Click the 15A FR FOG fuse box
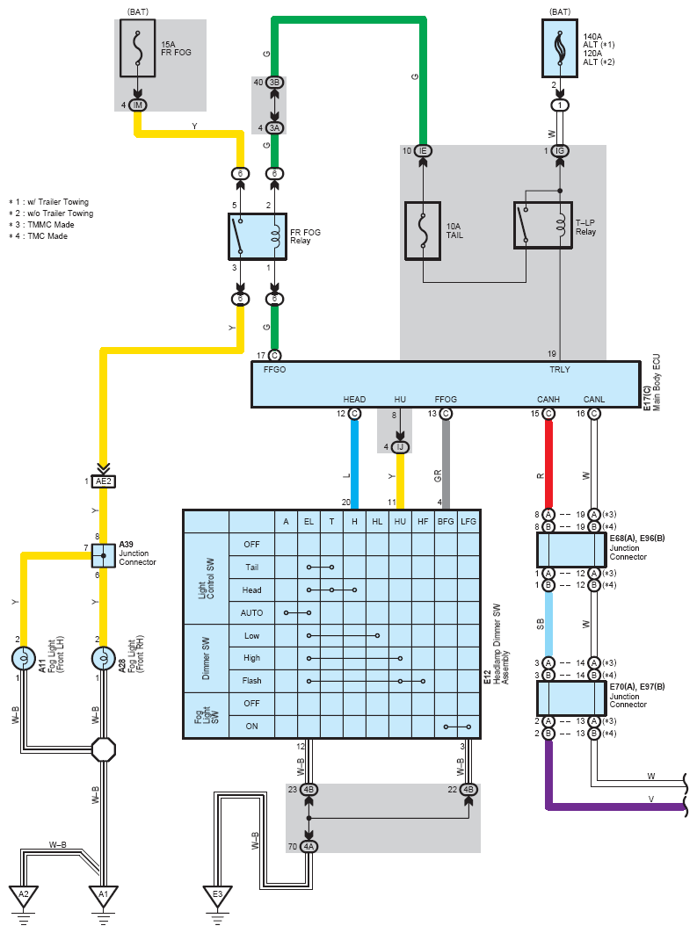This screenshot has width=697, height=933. point(137,48)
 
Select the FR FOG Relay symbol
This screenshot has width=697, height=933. point(258,237)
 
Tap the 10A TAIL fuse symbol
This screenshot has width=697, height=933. point(423,231)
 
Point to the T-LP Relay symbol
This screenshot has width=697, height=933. point(543,225)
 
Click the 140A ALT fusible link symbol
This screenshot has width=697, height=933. point(560,48)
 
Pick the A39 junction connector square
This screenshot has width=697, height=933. point(104,556)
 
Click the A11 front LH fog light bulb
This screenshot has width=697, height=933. point(24,659)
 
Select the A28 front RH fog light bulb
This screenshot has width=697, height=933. point(104,659)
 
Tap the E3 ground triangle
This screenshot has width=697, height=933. point(217,896)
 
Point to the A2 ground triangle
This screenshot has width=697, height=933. point(24,896)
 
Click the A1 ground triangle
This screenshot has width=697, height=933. point(104,896)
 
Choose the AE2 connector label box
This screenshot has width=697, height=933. point(104,481)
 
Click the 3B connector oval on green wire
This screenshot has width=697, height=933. point(274,82)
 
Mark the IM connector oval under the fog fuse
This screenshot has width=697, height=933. point(137,105)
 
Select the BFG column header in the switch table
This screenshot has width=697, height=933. point(446,521)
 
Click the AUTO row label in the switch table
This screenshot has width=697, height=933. point(251,613)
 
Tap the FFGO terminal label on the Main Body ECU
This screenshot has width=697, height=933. point(274,370)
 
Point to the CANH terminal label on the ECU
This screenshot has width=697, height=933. point(548,399)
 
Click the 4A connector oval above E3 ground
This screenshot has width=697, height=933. point(309,846)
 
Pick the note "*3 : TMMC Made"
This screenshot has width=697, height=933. point(41,224)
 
